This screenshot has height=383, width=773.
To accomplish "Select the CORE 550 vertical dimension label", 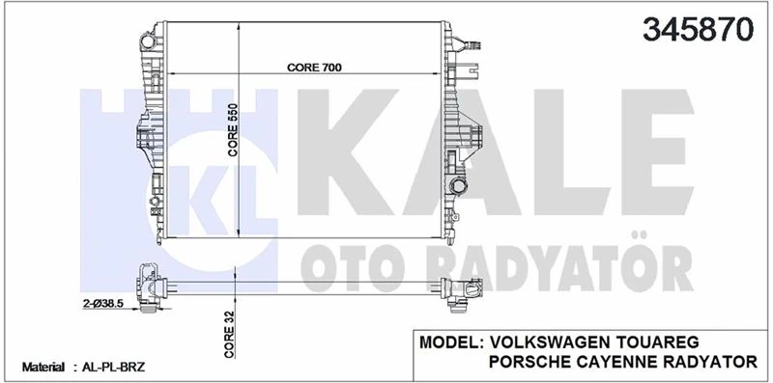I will point(233,129).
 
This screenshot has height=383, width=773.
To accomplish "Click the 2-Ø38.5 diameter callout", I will point(105,303).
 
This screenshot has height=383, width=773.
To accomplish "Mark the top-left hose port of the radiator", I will point(147,41).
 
